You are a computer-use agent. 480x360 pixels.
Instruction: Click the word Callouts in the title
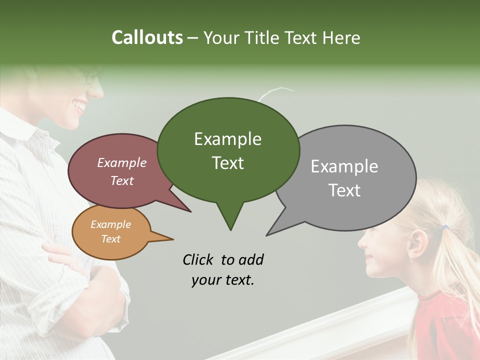tap(147, 37)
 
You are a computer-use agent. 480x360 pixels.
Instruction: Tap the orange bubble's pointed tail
tap(162, 237)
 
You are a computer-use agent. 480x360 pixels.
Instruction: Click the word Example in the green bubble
tap(227, 139)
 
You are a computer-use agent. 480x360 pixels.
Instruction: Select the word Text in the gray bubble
tap(345, 190)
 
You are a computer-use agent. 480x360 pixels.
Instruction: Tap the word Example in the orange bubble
tap(110, 224)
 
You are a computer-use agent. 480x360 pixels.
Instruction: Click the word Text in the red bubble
tap(122, 180)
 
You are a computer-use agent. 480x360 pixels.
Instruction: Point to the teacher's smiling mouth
tap(79, 106)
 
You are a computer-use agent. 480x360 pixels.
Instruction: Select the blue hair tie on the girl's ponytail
tap(444, 228)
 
